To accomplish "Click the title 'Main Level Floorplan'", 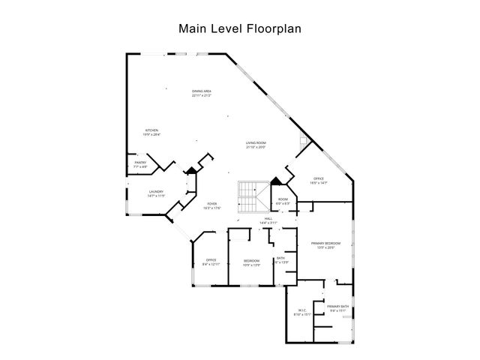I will click(x=239, y=29).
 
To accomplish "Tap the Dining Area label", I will click(x=201, y=92).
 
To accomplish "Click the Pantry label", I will click(x=139, y=163).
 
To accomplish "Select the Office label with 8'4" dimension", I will click(x=211, y=262).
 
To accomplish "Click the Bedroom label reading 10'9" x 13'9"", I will click(x=251, y=262).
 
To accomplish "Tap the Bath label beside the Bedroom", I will click(x=280, y=259).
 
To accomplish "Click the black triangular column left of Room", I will click(x=275, y=181).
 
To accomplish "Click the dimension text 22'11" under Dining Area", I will click(x=201, y=96).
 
